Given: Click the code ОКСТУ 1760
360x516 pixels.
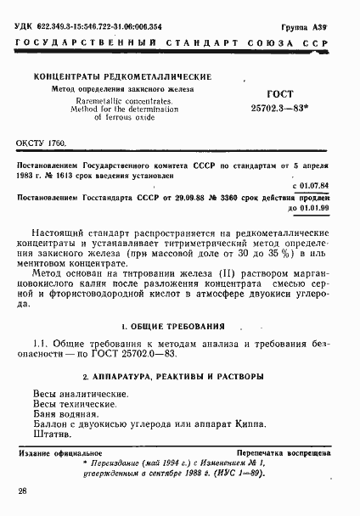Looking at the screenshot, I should tap(41, 146).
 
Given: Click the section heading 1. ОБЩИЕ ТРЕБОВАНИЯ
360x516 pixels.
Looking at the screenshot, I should tap(172, 326).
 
